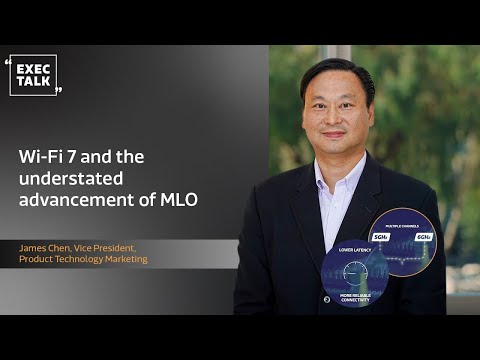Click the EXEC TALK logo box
33,75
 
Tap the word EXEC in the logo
33,68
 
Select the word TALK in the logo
33,82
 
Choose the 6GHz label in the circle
423,237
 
